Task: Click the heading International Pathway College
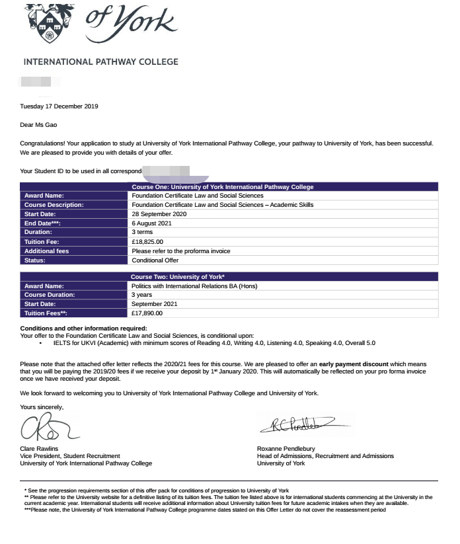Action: click(x=100, y=62)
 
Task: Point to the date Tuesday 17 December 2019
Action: click(x=59, y=106)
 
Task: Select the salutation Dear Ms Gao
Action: click(x=43, y=124)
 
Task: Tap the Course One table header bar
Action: click(x=229, y=187)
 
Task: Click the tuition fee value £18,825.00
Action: click(x=147, y=242)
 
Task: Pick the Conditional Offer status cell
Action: click(x=155, y=260)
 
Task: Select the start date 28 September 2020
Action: click(x=159, y=214)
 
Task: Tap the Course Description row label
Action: click(x=54, y=205)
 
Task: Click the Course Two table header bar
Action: click(x=229, y=276)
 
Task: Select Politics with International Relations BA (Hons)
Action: click(x=194, y=286)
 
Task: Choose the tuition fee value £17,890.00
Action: click(x=147, y=313)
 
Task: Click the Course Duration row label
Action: click(x=50, y=295)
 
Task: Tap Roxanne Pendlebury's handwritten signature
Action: click(x=301, y=425)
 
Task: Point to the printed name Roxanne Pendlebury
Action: click(x=286, y=448)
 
